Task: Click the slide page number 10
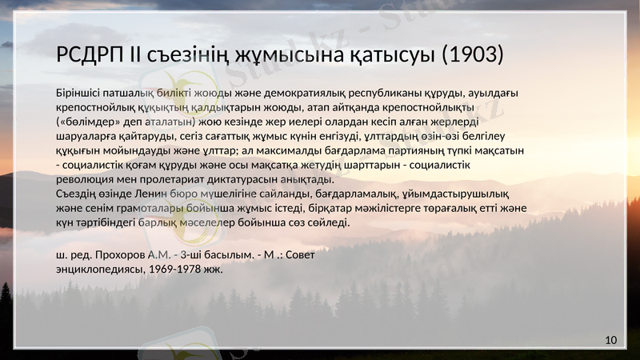pyautogui.click(x=611, y=340)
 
